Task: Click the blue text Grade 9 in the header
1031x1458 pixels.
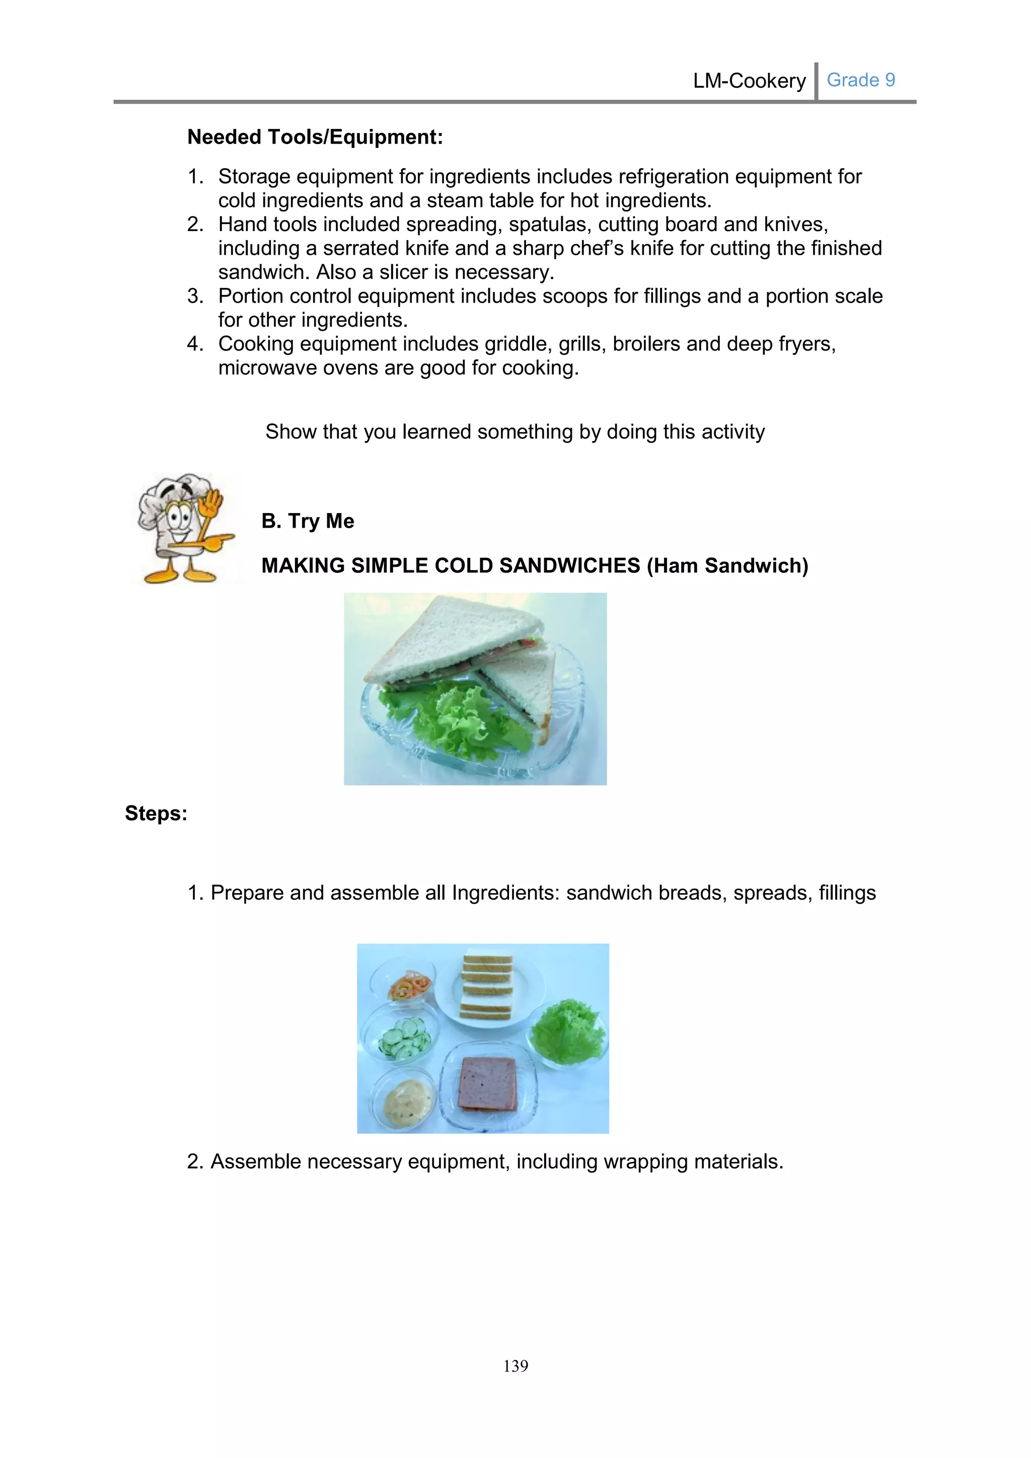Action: click(860, 80)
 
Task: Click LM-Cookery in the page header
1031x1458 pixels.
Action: click(749, 81)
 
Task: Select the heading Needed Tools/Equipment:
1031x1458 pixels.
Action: click(315, 136)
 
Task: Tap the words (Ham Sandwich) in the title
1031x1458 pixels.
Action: click(727, 565)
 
